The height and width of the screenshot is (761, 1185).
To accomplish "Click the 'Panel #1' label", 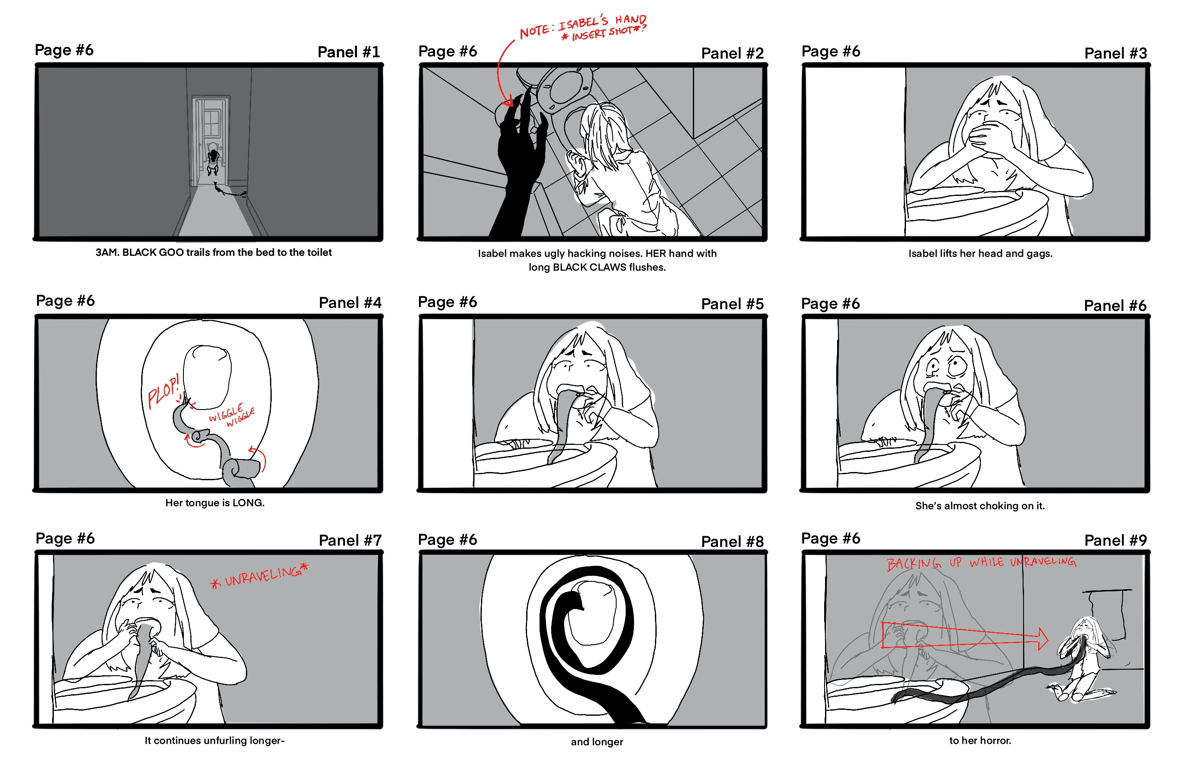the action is click(x=349, y=52).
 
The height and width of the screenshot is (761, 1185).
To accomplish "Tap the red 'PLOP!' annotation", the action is click(x=164, y=392).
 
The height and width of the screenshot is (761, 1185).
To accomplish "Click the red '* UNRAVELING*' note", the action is click(x=259, y=576).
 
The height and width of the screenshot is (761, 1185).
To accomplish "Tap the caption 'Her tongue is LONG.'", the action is click(x=215, y=503).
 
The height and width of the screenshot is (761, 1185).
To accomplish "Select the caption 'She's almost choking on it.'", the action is click(x=980, y=506).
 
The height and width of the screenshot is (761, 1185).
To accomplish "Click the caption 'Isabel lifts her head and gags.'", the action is click(x=980, y=254).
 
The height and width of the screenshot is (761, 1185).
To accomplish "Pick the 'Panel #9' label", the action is click(x=1115, y=540).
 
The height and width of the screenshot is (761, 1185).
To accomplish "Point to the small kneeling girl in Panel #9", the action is click(x=1084, y=660).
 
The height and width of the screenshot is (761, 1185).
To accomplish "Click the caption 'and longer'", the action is click(x=597, y=742).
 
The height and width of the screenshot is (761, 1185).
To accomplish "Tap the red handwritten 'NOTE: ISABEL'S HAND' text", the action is click(x=583, y=25).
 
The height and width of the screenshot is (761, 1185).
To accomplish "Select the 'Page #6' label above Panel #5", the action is click(x=447, y=302).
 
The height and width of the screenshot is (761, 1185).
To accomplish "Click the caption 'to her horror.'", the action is click(x=980, y=740).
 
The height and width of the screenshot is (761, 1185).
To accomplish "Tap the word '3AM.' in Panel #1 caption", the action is click(x=107, y=252).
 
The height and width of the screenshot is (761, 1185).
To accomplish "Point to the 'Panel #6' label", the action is click(x=1115, y=305).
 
